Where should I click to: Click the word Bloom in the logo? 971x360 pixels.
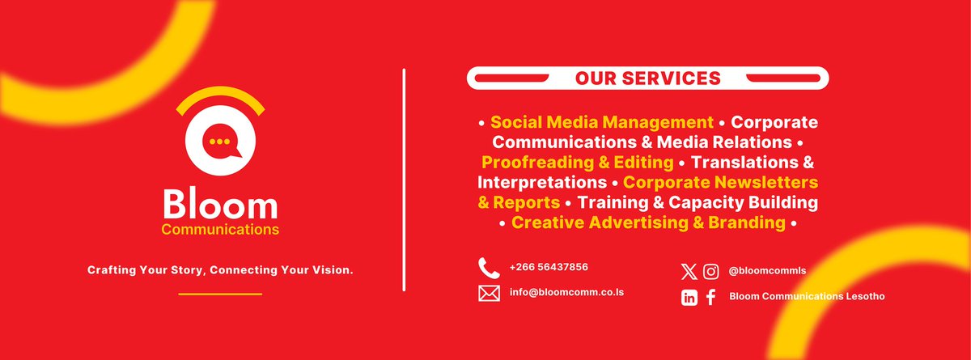(x=220, y=205)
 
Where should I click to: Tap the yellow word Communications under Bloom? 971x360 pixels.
(x=220, y=231)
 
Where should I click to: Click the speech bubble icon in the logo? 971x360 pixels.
(x=220, y=143)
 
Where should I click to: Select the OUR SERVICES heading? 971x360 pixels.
(x=647, y=78)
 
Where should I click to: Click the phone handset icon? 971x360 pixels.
(x=488, y=267)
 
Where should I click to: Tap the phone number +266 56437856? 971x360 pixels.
(x=549, y=267)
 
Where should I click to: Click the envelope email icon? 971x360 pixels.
(x=489, y=293)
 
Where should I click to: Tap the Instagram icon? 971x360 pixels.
(x=711, y=272)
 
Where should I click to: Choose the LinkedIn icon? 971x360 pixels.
(x=689, y=298)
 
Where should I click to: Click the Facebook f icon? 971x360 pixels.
(x=711, y=298)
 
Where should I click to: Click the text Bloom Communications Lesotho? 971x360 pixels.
(x=807, y=297)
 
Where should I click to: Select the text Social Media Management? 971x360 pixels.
(x=602, y=123)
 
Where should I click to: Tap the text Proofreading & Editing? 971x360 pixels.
(x=578, y=163)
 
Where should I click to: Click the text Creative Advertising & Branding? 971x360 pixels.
(x=648, y=222)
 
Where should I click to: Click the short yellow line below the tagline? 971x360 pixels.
(x=220, y=294)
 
